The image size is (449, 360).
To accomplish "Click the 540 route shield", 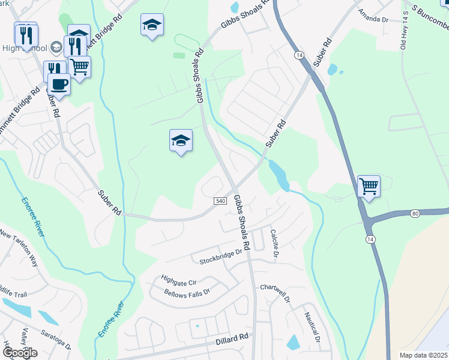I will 219,201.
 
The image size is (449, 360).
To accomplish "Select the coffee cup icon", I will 60,84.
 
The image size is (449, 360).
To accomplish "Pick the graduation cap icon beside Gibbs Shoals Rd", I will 181,140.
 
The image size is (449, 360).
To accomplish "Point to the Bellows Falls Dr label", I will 186,293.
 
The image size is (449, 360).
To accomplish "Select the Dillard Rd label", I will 232,339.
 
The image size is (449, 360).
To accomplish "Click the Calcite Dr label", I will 274,244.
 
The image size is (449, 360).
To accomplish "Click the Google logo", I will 20,353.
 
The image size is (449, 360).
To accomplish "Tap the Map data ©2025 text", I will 424,355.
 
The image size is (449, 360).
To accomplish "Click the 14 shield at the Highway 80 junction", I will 370,239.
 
